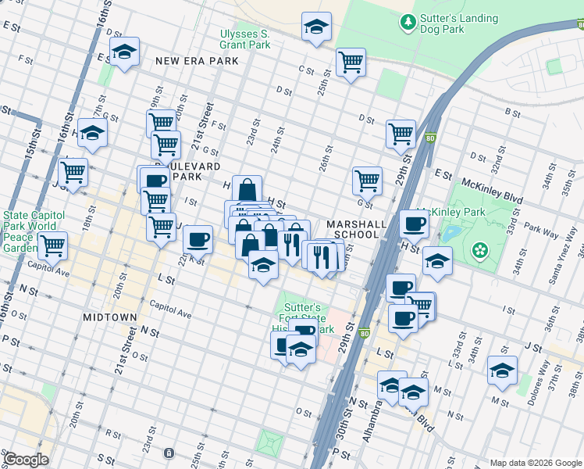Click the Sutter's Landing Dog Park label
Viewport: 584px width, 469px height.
(x=442, y=23)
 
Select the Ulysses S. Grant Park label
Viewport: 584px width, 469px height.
(x=245, y=39)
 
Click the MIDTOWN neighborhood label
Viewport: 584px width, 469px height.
(x=109, y=317)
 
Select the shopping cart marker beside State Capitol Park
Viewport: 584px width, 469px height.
(x=52, y=244)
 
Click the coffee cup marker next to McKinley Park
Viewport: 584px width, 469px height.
(x=415, y=224)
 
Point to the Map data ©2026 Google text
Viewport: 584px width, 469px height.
(x=535, y=463)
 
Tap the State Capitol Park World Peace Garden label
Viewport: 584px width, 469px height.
(x=30, y=231)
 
